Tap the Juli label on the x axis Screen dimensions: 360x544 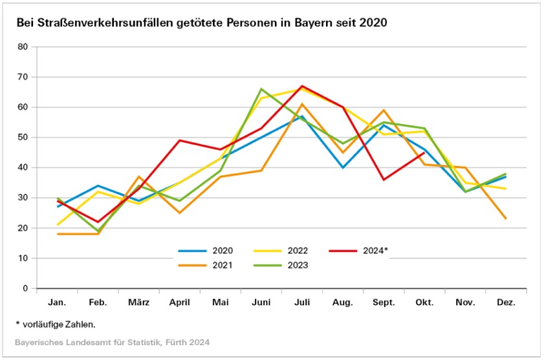coord(301,302)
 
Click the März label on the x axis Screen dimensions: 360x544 coord(138,302)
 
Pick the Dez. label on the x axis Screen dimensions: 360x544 coord(505,302)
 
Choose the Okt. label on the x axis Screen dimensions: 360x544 coord(424,302)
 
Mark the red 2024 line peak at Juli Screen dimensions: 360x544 coord(301,86)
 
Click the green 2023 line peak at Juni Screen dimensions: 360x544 coord(261,89)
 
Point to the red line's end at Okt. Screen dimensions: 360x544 coord(424,153)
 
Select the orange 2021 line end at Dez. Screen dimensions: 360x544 coord(505,218)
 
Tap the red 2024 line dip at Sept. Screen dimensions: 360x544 coord(383,180)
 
